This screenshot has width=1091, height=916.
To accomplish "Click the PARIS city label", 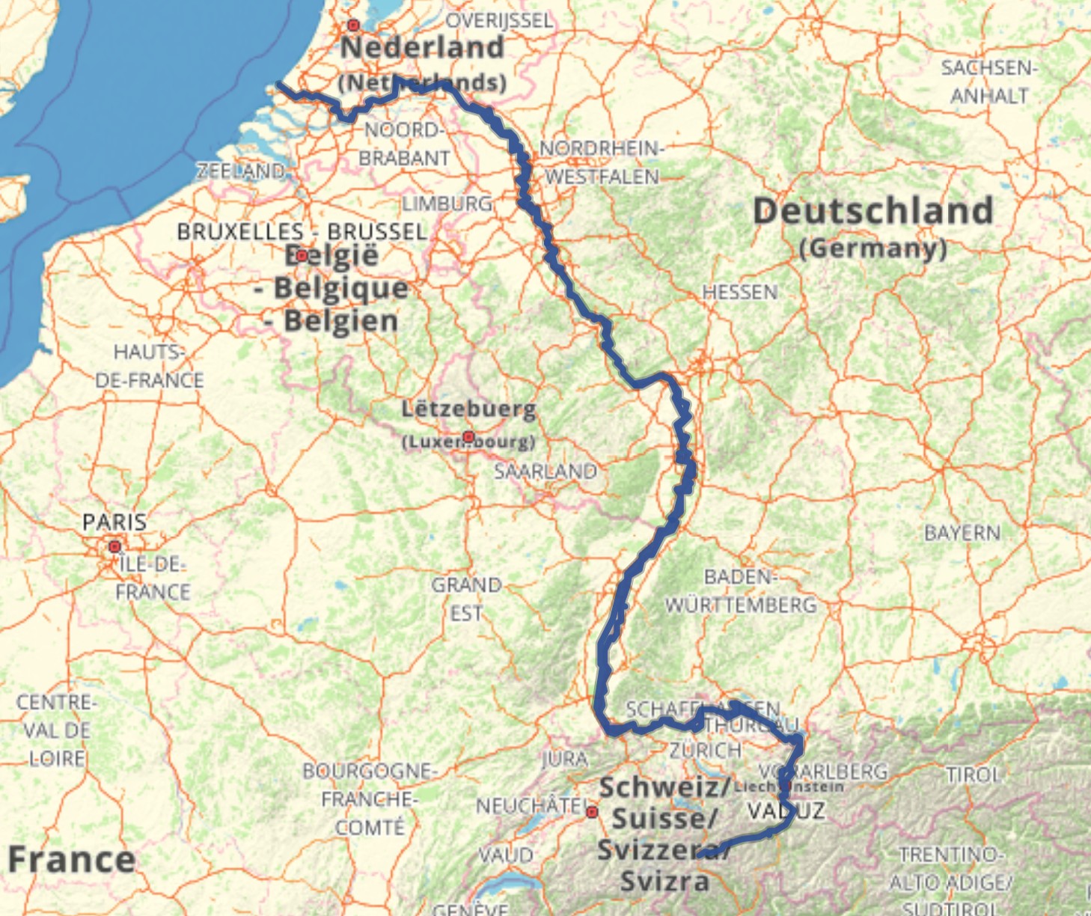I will (x=114, y=522).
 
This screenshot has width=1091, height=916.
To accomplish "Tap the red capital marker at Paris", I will (x=114, y=547).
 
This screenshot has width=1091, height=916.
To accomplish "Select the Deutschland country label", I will (x=873, y=211).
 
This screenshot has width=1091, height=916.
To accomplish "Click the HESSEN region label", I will (x=740, y=292).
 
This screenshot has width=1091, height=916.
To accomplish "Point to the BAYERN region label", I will (x=962, y=533).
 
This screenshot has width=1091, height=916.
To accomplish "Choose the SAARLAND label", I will (x=545, y=471).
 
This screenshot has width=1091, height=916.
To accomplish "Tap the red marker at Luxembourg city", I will (x=468, y=437).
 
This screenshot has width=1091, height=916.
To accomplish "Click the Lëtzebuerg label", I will (x=468, y=409).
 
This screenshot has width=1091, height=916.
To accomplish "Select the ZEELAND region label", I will (x=241, y=171).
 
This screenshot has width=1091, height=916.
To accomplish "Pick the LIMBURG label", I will (x=447, y=204).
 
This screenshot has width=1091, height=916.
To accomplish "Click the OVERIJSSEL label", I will (x=499, y=20).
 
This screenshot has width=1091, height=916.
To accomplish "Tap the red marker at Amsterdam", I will (x=354, y=25).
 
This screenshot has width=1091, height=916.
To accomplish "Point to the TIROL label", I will (x=974, y=775).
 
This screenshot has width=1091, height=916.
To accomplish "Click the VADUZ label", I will (x=786, y=810).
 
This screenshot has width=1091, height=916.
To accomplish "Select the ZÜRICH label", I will (x=706, y=750).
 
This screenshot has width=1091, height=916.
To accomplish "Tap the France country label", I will (x=71, y=858).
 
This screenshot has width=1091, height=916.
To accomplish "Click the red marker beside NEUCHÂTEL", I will (x=592, y=812).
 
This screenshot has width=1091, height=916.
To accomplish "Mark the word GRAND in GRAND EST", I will (x=466, y=584).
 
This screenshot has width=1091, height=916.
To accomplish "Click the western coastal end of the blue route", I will (x=278, y=85).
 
